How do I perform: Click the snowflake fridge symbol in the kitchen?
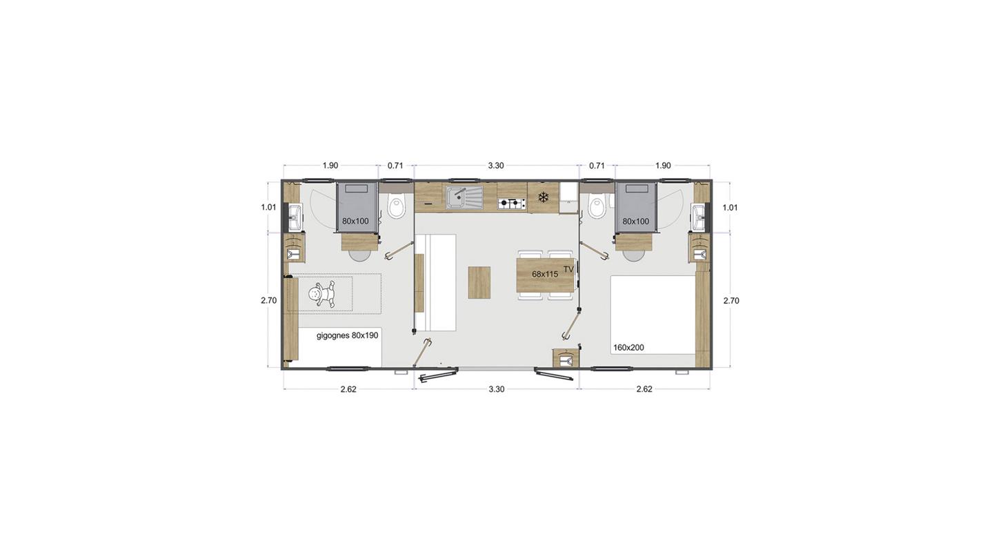(x=542, y=197)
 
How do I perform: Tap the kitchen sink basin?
(x=464, y=197)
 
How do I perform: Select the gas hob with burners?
(x=512, y=204)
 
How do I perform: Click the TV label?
(x=568, y=269)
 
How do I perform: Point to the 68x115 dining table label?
(x=545, y=274)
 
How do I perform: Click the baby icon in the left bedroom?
(x=321, y=295)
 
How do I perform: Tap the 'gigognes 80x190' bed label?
(x=347, y=335)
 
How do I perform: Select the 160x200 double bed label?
(x=628, y=348)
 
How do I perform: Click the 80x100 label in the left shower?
(x=355, y=221)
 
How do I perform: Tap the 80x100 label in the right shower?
(x=635, y=221)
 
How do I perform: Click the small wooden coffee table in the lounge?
(x=479, y=282)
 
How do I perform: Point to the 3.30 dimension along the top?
(x=496, y=166)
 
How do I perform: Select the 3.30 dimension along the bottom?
(x=497, y=389)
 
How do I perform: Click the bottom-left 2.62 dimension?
(x=348, y=389)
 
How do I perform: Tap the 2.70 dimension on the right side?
(x=731, y=300)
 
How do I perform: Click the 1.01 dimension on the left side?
(x=268, y=207)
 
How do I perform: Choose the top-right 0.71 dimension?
(x=597, y=166)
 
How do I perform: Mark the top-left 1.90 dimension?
(x=330, y=166)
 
